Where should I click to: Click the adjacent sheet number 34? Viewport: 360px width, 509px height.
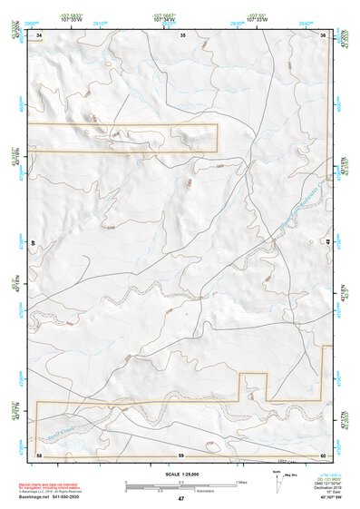pos(40,34)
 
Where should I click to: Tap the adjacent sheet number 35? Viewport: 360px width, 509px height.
pos(182,34)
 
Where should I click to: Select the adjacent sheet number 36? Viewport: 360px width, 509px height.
pos(324,34)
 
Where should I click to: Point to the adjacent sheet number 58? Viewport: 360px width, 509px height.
pos(39,454)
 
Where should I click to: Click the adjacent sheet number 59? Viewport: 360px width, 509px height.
pos(181,454)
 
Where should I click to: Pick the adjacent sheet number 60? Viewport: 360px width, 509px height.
pos(323,454)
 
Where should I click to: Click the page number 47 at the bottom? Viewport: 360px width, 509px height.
pos(181,499)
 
